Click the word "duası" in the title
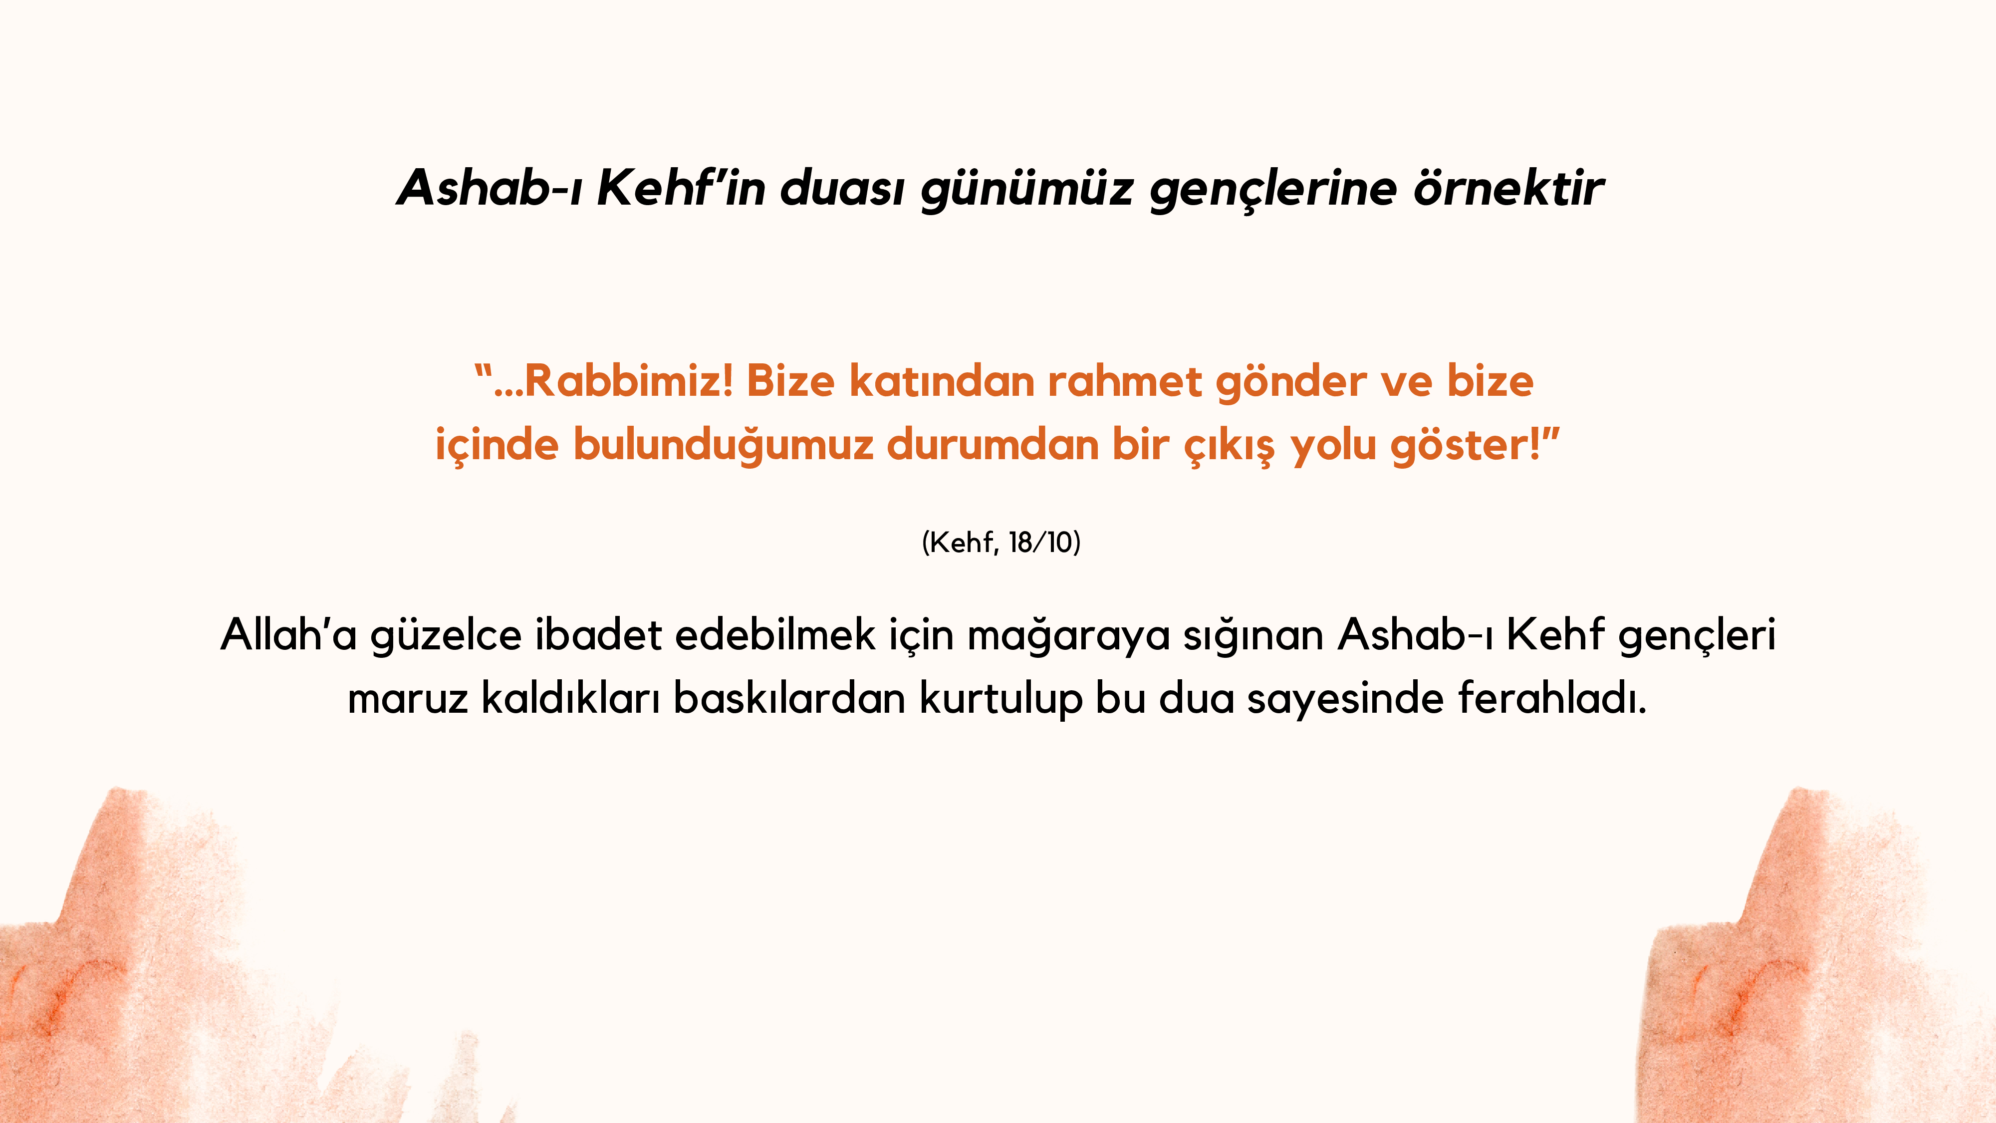click(841, 188)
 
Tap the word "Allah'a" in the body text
click(288, 634)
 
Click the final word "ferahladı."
click(1552, 698)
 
